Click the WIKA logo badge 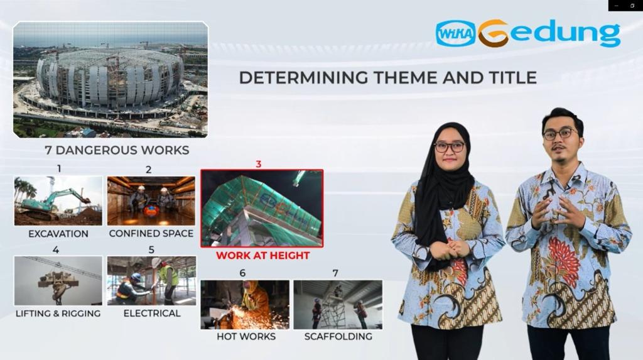pyautogui.click(x=456, y=33)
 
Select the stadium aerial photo pyautogui.click(x=111, y=80)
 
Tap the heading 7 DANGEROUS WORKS pyautogui.click(x=117, y=150)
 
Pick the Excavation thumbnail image pyautogui.click(x=58, y=201)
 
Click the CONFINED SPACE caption pyautogui.click(x=151, y=234)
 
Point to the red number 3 pyautogui.click(x=258, y=164)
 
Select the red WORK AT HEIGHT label pyautogui.click(x=263, y=255)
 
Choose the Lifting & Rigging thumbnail pyautogui.click(x=58, y=281)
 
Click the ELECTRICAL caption pyautogui.click(x=152, y=314)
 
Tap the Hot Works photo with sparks pyautogui.click(x=245, y=305)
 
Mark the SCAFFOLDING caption pyautogui.click(x=338, y=337)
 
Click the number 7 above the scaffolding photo pyautogui.click(x=335, y=273)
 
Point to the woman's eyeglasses pyautogui.click(x=450, y=146)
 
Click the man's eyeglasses pyautogui.click(x=560, y=133)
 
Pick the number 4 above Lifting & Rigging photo pyautogui.click(x=56, y=249)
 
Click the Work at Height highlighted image pyautogui.click(x=262, y=209)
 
